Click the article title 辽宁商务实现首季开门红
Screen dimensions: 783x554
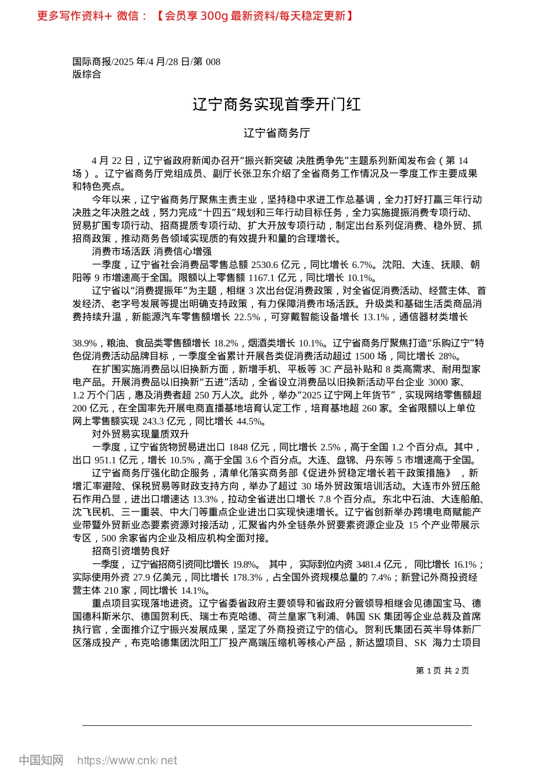point(276,104)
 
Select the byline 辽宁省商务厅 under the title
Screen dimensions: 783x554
point(276,133)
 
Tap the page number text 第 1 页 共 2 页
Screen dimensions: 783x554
point(443,671)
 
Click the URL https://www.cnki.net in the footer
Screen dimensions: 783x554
point(127,760)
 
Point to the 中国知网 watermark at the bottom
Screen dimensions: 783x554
point(41,760)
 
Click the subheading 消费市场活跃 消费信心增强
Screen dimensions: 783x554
point(151,252)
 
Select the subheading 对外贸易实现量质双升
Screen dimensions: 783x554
point(140,434)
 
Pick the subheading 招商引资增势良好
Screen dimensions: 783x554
point(131,551)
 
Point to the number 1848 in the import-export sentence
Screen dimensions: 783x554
point(238,447)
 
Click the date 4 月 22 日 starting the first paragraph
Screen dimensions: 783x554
point(112,160)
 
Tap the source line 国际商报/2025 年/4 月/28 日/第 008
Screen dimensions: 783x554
point(146,62)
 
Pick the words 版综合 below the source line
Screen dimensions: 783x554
point(86,75)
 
